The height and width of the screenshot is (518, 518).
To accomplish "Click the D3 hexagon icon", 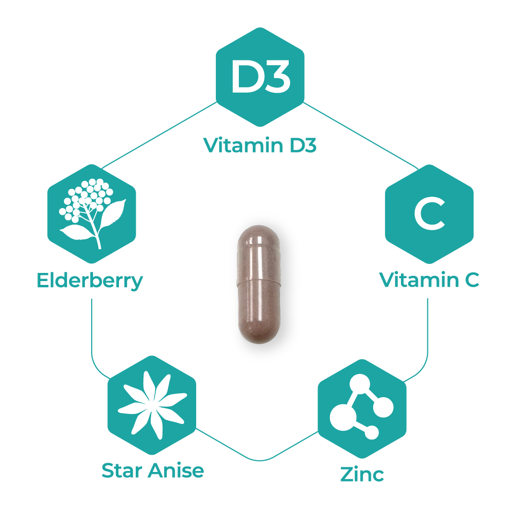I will (260, 77).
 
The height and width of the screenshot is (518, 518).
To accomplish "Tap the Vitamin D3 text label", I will (259, 145).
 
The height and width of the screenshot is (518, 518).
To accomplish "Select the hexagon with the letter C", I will (429, 214).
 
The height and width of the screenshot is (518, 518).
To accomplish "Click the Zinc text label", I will (362, 474).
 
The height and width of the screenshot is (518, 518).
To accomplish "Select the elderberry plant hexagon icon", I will (92, 214).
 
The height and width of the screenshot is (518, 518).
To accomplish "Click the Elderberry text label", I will (90, 281).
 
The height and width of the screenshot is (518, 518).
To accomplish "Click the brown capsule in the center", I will (259, 287).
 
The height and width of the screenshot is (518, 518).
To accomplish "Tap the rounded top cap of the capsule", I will (259, 240).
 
